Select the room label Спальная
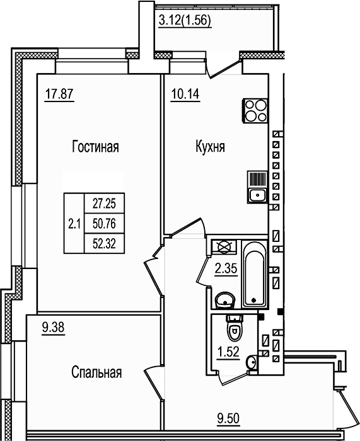[96, 372]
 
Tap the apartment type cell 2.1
[73, 223]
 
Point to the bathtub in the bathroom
[253, 274]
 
